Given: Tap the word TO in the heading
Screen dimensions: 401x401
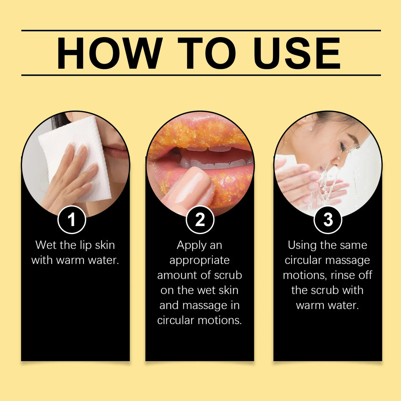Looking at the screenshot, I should pyautogui.click(x=206, y=53).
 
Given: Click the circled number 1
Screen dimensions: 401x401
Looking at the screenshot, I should pyautogui.click(x=72, y=220).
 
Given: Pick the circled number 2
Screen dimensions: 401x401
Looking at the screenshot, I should pyautogui.click(x=200, y=220).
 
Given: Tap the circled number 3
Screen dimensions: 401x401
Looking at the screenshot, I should pyautogui.click(x=328, y=220).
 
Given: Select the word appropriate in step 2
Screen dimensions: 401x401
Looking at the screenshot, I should pyautogui.click(x=200, y=260).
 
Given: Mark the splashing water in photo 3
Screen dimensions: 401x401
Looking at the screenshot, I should pyautogui.click(x=327, y=186).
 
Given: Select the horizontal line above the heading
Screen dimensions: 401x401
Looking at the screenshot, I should pyautogui.click(x=201, y=30).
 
